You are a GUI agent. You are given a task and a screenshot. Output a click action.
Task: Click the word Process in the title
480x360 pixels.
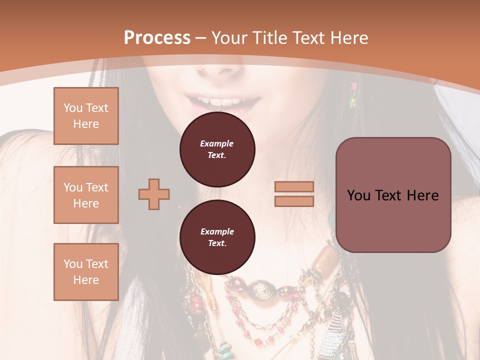pos(157,38)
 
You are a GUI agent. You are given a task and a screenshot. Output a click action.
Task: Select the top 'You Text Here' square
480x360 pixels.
pos(86,116)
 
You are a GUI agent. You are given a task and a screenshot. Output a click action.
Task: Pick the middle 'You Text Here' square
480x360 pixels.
pos(86,195)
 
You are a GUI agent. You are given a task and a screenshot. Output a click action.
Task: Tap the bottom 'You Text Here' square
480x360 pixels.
pos(86,272)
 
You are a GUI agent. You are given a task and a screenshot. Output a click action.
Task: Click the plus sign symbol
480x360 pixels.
pos(154,193)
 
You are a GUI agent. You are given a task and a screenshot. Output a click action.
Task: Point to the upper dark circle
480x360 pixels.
pos(217,149)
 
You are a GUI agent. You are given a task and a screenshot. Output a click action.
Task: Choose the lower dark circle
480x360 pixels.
pos(217,237)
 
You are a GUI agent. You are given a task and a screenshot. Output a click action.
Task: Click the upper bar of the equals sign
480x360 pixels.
pos(294,187)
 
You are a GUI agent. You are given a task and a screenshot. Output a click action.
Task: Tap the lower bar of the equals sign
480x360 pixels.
pos(294,201)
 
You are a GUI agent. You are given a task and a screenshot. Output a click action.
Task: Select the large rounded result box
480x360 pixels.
pos(393,195)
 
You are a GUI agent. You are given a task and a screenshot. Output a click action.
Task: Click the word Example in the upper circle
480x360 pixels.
pos(217,143)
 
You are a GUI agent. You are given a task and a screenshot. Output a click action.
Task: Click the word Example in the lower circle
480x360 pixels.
pos(217,231)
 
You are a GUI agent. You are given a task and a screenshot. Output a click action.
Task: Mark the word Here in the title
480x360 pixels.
pos(349,38)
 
